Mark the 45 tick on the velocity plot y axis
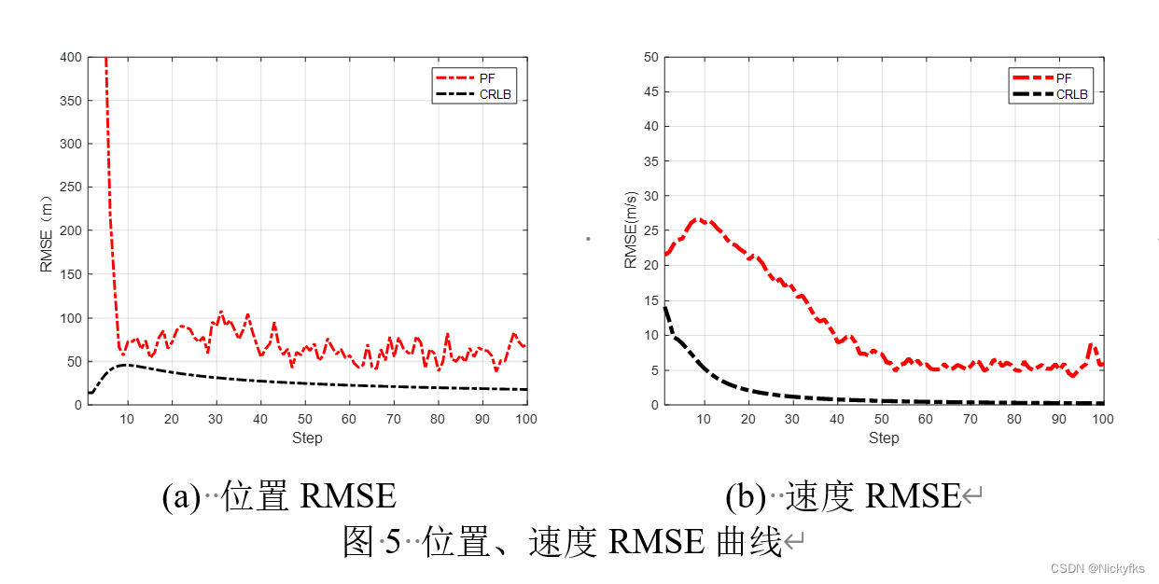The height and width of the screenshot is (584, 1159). (x=649, y=92)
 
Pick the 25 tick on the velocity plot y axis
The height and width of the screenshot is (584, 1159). (x=649, y=230)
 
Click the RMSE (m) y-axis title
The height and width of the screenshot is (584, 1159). (x=47, y=230)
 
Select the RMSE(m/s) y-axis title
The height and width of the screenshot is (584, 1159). (x=631, y=230)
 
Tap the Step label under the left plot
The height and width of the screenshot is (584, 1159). (x=306, y=438)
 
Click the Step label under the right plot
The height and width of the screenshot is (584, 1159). (x=883, y=438)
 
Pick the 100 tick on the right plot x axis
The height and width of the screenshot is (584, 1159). (x=1102, y=419)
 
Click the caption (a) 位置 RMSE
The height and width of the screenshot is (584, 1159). (x=279, y=496)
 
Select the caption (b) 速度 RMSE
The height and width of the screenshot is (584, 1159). (x=843, y=496)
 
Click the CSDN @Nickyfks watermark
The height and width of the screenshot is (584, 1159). (x=1097, y=568)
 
